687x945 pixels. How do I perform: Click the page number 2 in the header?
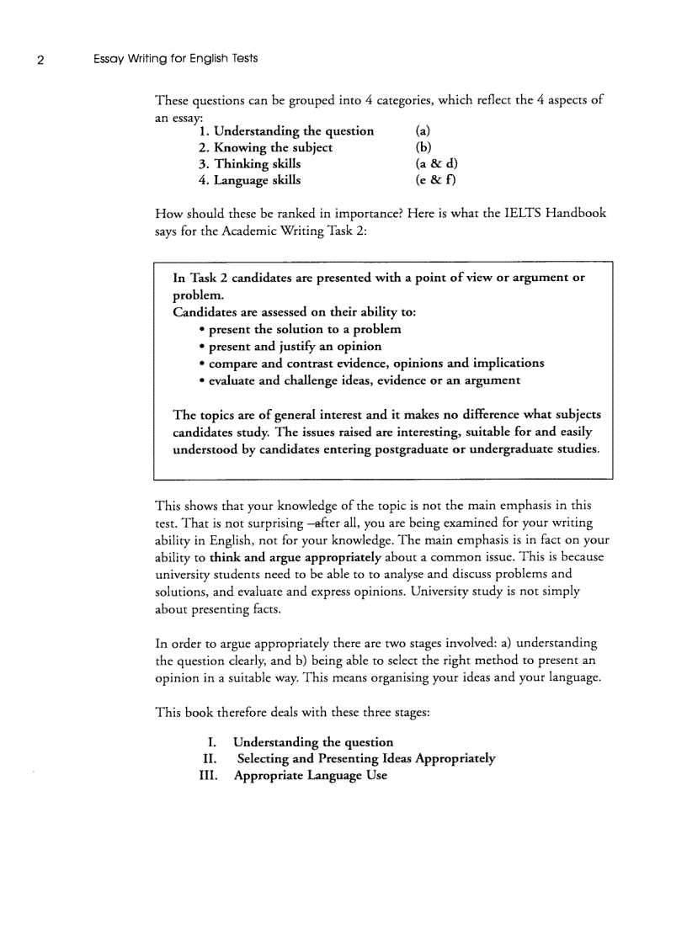pyautogui.click(x=40, y=60)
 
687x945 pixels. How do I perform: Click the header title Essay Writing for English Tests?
pyautogui.click(x=175, y=59)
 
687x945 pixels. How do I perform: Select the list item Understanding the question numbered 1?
pyautogui.click(x=286, y=131)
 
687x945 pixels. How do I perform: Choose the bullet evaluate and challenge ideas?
pyautogui.click(x=364, y=380)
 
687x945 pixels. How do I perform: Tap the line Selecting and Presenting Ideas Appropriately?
pyautogui.click(x=365, y=758)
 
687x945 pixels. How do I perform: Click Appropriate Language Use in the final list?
pyautogui.click(x=310, y=775)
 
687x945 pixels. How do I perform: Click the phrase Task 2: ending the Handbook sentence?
pyautogui.click(x=345, y=231)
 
